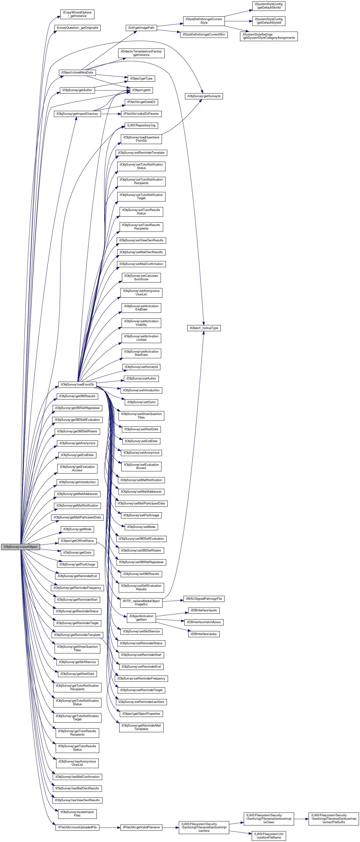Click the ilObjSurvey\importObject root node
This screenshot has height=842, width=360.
point(20,547)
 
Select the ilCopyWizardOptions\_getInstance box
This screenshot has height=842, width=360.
point(77,14)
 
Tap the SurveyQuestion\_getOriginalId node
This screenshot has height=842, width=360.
point(77,28)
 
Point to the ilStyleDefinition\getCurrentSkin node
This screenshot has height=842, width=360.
point(204,34)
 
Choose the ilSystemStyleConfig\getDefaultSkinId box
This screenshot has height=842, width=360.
point(269,6)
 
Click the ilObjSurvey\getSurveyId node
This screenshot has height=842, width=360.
point(204,96)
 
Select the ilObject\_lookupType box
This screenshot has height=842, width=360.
point(204,328)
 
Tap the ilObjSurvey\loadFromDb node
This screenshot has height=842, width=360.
point(77,384)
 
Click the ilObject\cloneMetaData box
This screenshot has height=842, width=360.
point(77,73)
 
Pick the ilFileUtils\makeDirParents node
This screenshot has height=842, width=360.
point(141,114)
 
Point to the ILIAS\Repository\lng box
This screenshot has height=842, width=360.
point(141,125)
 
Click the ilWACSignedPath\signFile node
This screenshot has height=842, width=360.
point(204,599)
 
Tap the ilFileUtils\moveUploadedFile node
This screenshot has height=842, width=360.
point(77,827)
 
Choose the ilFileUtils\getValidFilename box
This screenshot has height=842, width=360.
point(141,827)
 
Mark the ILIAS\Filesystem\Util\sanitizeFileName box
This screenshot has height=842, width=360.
point(269,836)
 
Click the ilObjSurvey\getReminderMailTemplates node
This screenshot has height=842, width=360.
point(141,727)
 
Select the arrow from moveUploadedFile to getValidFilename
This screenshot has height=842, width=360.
point(110,827)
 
